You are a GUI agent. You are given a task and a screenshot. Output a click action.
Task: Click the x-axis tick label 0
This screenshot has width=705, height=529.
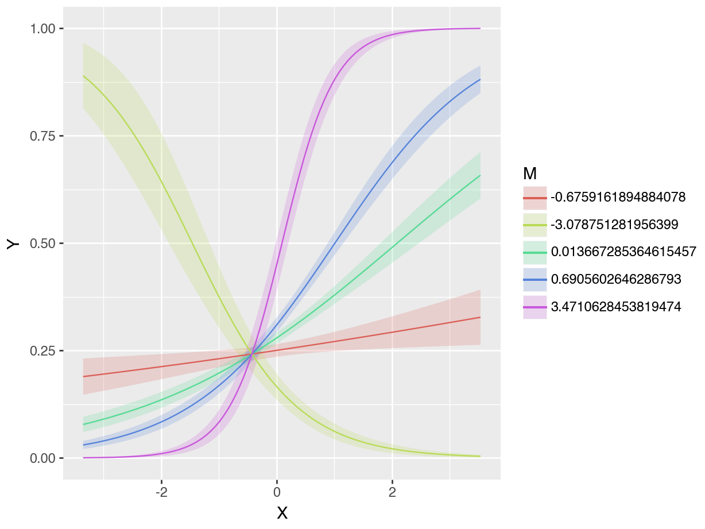277,493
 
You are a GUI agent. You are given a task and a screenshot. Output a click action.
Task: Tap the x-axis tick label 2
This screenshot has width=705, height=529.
392,493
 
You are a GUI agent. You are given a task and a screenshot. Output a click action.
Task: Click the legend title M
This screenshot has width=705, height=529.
530,173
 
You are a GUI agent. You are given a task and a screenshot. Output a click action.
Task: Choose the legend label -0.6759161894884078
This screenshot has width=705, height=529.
618,198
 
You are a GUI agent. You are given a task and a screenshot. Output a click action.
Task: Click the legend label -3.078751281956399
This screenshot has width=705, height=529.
614,225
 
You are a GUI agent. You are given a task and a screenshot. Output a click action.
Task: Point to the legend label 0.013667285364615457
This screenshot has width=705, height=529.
623,252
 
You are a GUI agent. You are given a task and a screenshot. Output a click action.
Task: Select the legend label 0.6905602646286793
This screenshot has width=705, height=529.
615,279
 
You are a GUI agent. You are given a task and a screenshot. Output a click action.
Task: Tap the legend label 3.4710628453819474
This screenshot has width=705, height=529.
615,307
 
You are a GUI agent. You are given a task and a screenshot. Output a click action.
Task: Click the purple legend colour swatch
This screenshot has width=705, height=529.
534,307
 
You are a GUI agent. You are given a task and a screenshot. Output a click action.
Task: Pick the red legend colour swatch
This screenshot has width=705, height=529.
534,198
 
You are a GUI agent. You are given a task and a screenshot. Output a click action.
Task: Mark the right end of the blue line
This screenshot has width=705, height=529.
480,79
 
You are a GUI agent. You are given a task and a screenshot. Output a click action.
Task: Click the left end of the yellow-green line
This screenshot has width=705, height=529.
83,76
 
